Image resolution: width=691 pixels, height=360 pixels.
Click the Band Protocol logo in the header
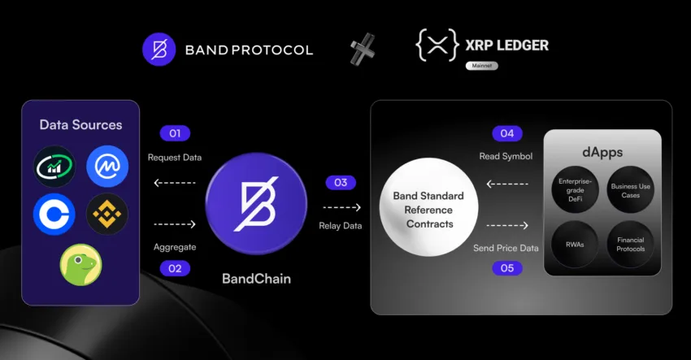159,50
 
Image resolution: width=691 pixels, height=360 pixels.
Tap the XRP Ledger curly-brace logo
437,45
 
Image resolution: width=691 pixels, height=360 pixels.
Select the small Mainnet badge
482,66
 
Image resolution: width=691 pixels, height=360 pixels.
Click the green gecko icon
80,265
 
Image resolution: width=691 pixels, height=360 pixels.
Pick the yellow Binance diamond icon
107,215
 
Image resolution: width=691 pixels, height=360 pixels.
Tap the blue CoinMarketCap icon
107,166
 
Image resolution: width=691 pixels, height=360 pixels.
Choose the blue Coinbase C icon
54,215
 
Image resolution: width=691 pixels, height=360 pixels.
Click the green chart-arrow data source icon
54,166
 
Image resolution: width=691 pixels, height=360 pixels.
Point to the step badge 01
175,133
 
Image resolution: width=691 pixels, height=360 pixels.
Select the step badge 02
175,268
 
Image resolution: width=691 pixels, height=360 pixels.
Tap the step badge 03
341,182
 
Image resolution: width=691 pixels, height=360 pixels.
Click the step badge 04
507,133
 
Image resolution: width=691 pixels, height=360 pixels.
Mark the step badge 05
507,268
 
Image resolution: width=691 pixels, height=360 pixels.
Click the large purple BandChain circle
256,204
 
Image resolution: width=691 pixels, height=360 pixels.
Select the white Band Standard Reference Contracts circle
428,207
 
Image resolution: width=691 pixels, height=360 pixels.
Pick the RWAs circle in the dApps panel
575,245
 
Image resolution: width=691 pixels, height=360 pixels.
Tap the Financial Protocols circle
630,245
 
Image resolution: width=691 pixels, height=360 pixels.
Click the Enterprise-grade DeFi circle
575,190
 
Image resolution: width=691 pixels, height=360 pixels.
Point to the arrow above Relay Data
341,207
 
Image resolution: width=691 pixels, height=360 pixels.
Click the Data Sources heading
80,124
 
